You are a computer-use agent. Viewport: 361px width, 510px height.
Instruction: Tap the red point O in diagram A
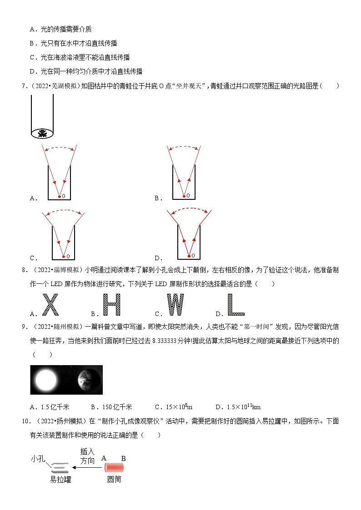pos(59,196)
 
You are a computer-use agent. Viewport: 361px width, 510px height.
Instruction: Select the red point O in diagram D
pos(189,256)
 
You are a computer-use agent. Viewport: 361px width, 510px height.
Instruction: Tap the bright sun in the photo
pos(45,380)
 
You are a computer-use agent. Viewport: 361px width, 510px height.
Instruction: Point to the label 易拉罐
pos(60,479)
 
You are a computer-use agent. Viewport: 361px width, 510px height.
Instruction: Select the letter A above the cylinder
pos(104,458)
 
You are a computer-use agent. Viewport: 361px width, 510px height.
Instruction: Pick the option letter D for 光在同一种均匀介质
pos(32,71)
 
